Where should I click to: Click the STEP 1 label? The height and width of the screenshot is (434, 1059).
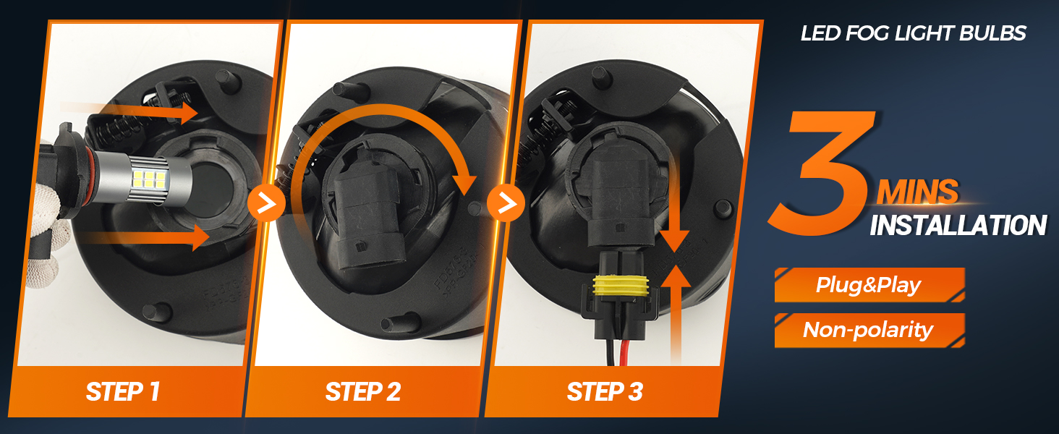click(x=123, y=391)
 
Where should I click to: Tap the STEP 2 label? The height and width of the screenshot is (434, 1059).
click(x=363, y=391)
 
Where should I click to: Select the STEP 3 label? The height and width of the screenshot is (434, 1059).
click(x=605, y=391)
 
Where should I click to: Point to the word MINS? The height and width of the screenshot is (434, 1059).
click(x=917, y=192)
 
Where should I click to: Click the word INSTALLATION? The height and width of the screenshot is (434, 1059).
click(x=958, y=225)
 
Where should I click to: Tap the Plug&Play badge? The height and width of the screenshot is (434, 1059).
click(x=869, y=285)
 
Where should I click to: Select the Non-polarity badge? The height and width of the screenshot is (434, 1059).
click(x=869, y=330)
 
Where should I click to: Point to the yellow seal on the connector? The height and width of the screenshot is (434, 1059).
click(x=620, y=286)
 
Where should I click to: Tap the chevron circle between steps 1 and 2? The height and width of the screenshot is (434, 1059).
click(x=266, y=204)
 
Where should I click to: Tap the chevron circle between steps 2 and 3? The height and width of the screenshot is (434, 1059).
click(x=506, y=204)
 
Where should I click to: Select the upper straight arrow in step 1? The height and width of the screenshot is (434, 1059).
click(x=130, y=111)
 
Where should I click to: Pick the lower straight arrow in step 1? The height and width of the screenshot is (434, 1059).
click(x=148, y=237)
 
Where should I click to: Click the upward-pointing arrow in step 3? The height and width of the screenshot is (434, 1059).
click(x=676, y=315)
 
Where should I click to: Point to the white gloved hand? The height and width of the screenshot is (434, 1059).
click(x=45, y=218)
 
